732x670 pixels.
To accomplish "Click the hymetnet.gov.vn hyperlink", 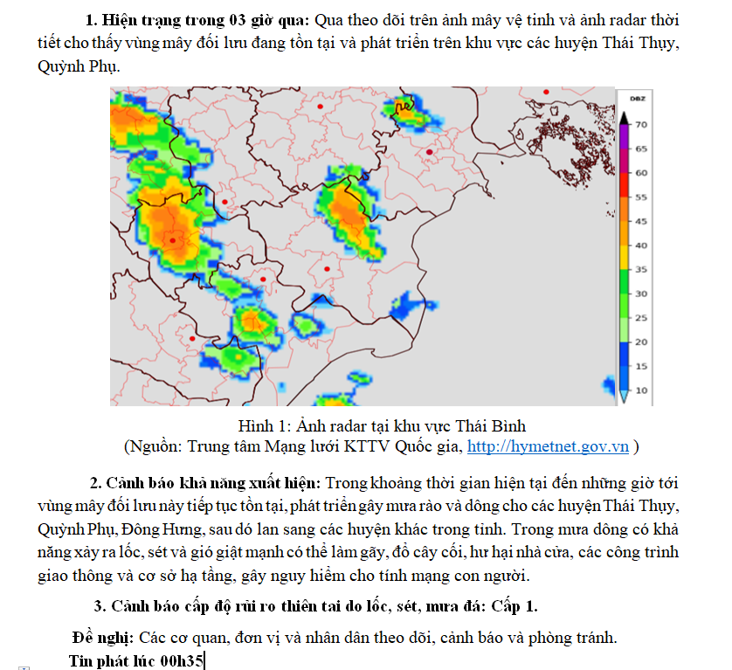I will [x=549, y=446].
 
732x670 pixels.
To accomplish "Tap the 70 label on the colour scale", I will [x=640, y=125].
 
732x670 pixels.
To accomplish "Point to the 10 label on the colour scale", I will [x=640, y=390].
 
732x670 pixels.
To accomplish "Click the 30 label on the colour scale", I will [x=640, y=294].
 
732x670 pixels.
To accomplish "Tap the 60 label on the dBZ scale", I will [x=640, y=173].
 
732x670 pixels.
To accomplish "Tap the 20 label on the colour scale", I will [x=640, y=342].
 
